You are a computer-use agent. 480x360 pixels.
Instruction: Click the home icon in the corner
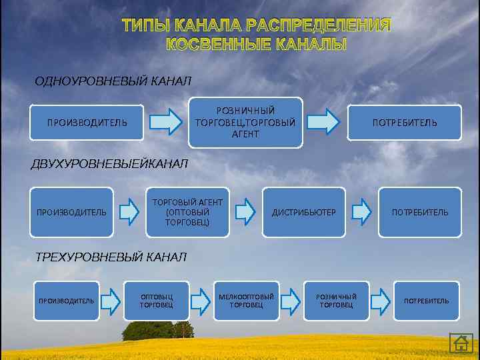[x=461, y=343]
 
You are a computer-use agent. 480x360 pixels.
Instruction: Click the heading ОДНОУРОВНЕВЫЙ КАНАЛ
[x=113, y=81]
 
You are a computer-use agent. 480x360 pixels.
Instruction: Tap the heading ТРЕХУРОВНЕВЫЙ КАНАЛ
[x=111, y=257]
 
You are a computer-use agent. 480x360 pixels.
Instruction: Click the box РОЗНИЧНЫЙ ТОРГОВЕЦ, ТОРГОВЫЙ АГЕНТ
[x=245, y=122]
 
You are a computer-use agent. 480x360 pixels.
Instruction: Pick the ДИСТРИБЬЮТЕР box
[x=303, y=212]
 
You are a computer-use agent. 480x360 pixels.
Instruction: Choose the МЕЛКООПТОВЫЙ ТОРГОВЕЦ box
[x=246, y=301]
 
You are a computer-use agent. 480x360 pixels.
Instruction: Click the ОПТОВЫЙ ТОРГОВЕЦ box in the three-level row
[x=157, y=301]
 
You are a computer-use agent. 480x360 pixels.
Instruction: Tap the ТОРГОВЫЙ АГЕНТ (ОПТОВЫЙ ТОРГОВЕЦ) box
[x=187, y=212]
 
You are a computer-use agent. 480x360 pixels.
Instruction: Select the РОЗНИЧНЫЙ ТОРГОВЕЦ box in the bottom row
[x=336, y=301]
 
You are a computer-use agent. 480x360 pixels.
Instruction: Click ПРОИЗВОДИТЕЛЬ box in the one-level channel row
[x=87, y=123]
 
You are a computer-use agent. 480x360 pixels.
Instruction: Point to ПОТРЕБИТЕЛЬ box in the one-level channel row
[x=405, y=123]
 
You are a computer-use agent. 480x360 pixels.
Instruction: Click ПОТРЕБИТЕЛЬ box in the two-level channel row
[x=420, y=212]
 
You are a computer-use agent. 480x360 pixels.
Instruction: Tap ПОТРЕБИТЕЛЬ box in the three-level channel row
[x=426, y=301]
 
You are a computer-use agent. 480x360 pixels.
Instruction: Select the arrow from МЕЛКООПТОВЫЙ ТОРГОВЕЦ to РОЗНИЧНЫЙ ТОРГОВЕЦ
[x=291, y=301]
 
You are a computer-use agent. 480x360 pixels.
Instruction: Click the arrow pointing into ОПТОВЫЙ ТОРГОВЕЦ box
[x=110, y=301]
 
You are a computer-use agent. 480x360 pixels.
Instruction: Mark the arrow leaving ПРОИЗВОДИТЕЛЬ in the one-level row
[x=165, y=123]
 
